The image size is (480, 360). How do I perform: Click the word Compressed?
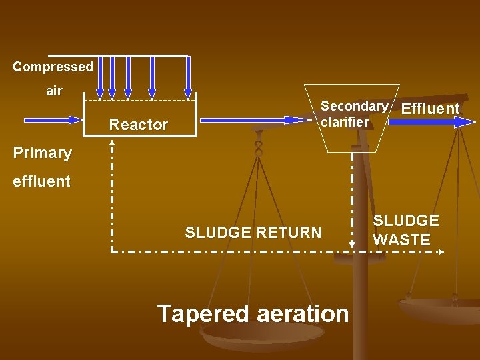pos(53,67)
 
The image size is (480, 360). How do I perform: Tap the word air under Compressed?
pos(54,91)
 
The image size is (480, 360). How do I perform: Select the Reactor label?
pos(139,125)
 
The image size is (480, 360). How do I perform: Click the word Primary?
pos(43,153)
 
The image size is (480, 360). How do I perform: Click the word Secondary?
pos(353,106)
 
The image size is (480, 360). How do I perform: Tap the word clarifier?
pos(344,122)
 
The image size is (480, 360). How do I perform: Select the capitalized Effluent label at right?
pos(431,109)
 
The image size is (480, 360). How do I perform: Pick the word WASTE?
pos(401,240)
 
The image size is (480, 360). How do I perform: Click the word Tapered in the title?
pos(203,313)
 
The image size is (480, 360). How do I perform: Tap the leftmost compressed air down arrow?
pos(100,77)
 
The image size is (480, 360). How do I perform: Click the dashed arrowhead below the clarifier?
pos(352,243)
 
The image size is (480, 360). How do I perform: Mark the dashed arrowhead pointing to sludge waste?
pos(442,251)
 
